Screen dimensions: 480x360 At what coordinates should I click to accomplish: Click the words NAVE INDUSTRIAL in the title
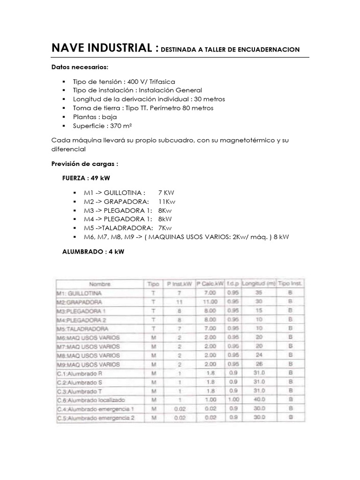102,48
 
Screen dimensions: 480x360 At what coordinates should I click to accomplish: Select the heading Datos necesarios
80,67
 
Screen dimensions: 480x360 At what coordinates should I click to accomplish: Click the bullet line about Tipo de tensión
124,82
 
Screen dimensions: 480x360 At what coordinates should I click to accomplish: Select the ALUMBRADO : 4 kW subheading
93,252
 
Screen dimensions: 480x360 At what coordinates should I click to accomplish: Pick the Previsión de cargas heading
84,164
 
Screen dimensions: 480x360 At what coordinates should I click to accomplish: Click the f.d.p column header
232,284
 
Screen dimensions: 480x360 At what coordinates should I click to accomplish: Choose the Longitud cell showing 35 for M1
259,293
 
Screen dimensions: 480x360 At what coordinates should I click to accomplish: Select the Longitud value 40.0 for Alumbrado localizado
259,400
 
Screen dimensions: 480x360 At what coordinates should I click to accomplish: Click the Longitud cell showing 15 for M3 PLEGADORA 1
259,311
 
